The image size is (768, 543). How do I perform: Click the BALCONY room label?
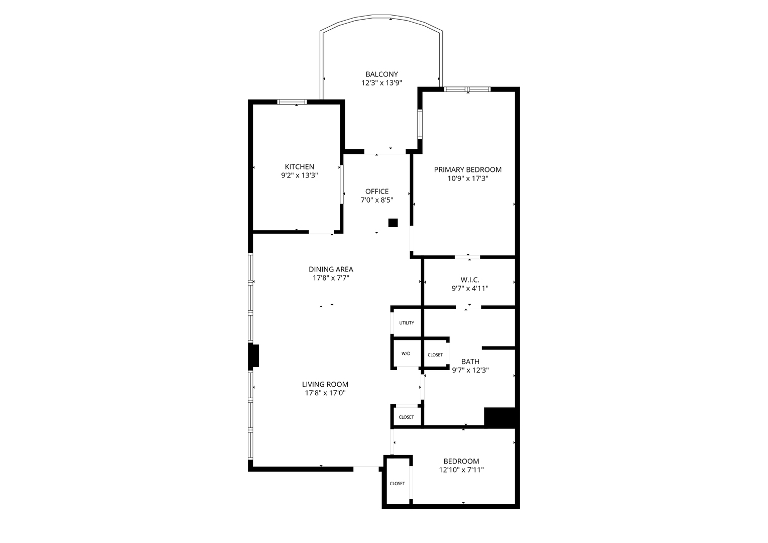381,74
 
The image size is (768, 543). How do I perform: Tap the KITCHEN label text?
299,167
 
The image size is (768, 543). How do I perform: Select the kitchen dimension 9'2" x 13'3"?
299,175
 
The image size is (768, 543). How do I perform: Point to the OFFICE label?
376,192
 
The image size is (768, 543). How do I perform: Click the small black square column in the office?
393,223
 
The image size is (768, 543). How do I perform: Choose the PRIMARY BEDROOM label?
467,170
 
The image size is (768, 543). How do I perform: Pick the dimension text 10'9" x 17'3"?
467,178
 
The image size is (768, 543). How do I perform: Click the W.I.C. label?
469,280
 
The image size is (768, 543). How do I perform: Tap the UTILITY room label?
407,323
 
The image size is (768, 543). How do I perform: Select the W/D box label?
406,353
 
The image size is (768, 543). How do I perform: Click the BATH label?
470,361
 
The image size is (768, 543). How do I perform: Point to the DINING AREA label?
331,269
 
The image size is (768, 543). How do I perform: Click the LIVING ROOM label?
325,385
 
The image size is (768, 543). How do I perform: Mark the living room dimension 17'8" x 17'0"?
325,393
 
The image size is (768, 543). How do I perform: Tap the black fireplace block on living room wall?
255,356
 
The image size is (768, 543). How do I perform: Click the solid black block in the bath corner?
500,417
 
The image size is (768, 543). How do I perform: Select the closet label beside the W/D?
435,355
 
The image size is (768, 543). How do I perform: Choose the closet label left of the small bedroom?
397,484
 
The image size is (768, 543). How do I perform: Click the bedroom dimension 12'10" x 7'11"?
461,470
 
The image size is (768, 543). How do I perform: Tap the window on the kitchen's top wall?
292,102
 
